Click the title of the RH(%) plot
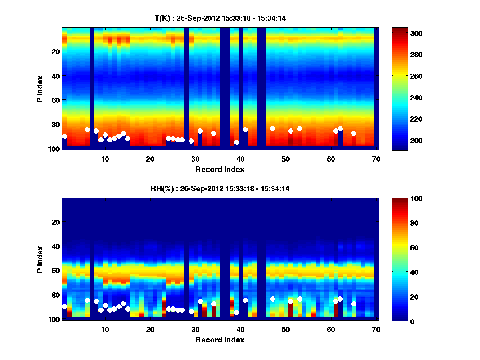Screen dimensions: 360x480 [x=220, y=188]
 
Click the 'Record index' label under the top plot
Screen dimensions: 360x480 [x=220, y=169]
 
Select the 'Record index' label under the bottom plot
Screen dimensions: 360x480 [x=220, y=340]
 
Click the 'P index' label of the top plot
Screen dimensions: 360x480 [x=40, y=89]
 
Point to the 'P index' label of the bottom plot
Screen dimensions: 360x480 [x=40, y=259]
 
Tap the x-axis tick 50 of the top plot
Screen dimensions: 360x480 [x=286, y=159]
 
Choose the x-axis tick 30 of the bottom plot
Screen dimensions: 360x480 [x=195, y=329]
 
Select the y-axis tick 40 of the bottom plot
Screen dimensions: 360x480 [x=56, y=246]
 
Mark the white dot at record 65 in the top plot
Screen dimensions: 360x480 [x=354, y=133]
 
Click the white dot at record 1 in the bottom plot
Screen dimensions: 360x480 [x=64, y=306]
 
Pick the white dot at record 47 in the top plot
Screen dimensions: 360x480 [x=272, y=128]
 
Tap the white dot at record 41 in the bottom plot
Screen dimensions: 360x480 [x=245, y=300]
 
